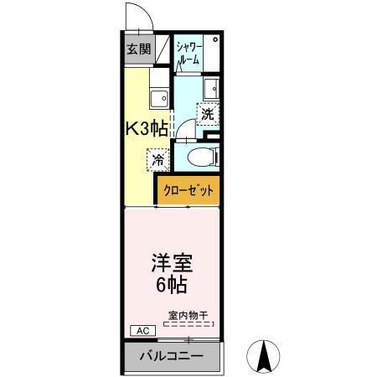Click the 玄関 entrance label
coord(138,49)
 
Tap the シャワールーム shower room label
coord(188,54)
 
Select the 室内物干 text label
coord(188,316)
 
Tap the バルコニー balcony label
coord(171,356)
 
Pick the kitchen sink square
coord(157,100)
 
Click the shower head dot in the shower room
coord(214,39)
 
